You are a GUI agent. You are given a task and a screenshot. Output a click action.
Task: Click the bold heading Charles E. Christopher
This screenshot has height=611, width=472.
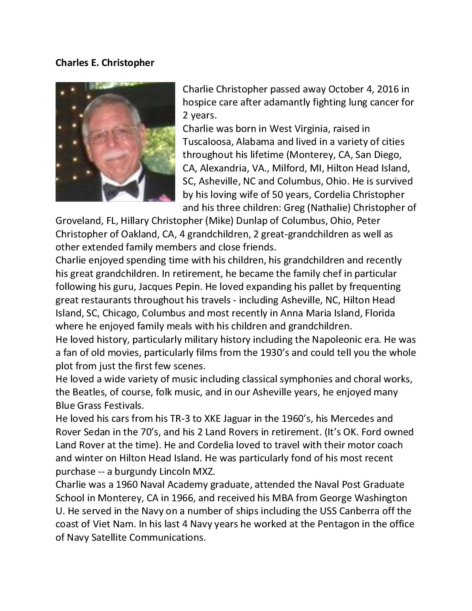point(105,63)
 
